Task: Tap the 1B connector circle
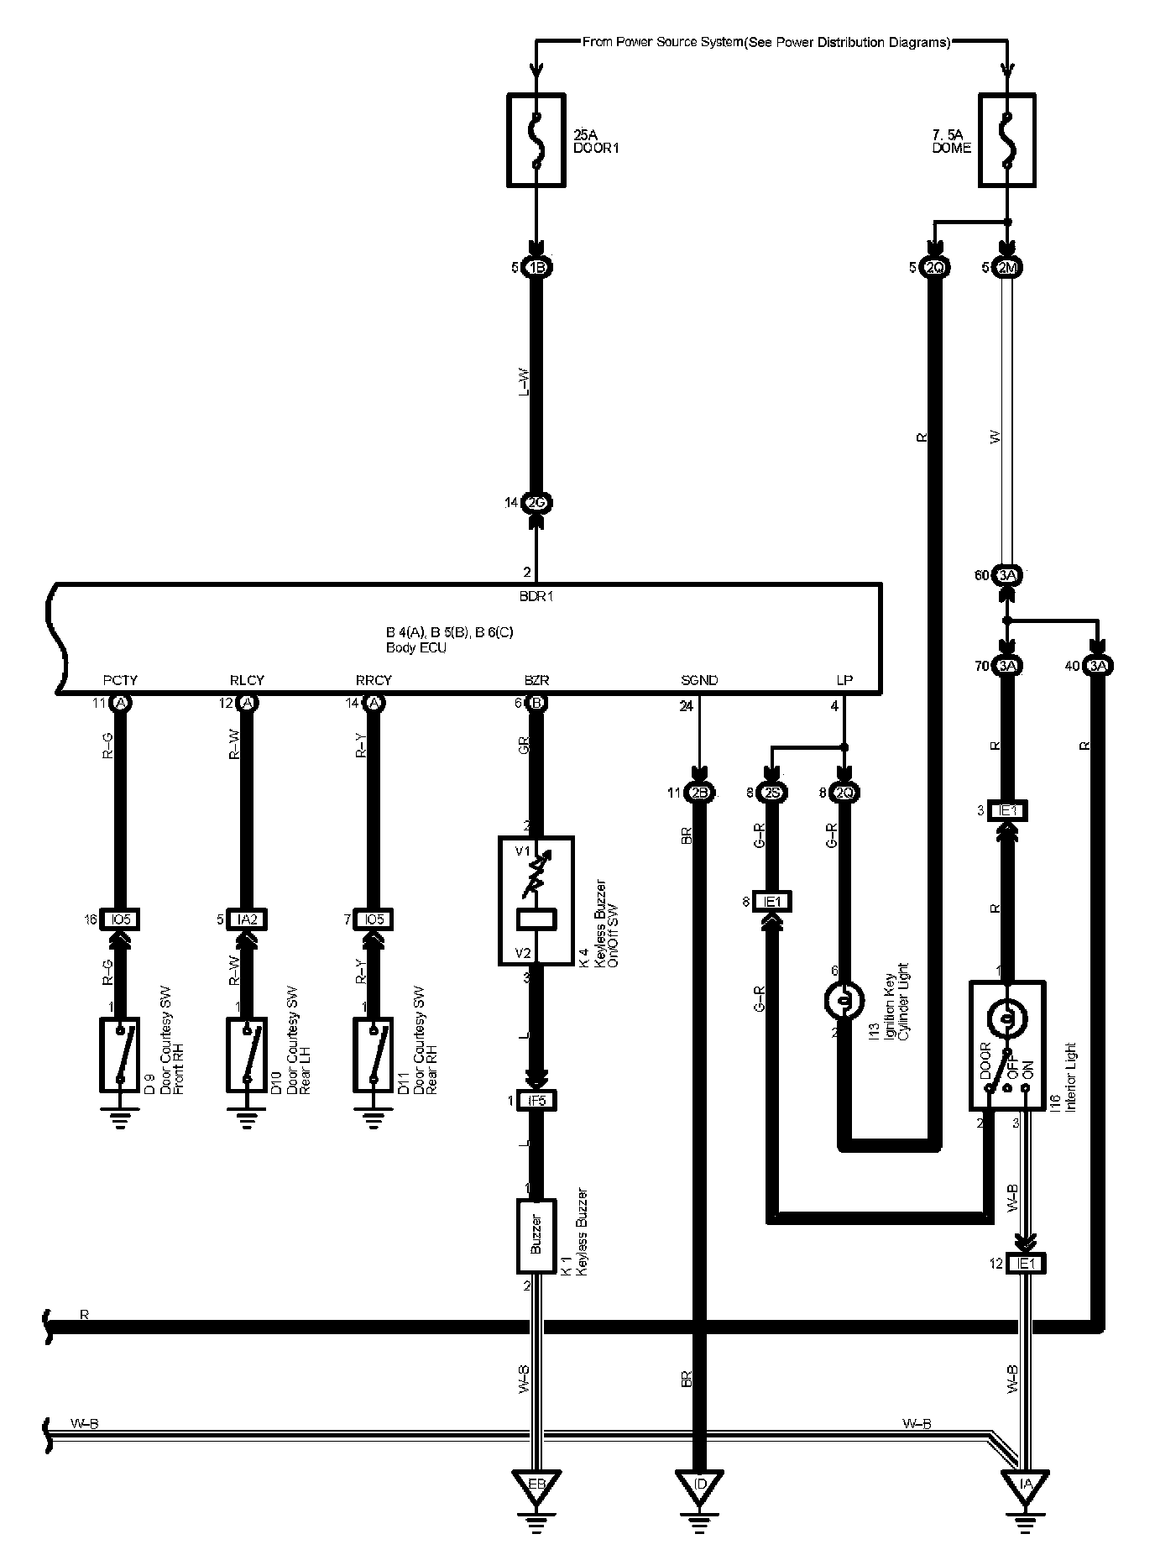click(536, 268)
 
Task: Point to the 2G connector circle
click(536, 503)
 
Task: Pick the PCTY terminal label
click(120, 680)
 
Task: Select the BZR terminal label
click(536, 680)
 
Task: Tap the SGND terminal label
click(699, 680)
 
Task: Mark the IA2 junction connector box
click(247, 919)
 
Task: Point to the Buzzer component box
click(536, 1234)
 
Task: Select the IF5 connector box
click(536, 1100)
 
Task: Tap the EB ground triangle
click(536, 1484)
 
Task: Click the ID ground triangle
click(699, 1484)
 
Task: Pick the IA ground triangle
click(1025, 1484)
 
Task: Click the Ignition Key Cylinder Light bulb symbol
click(844, 1000)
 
